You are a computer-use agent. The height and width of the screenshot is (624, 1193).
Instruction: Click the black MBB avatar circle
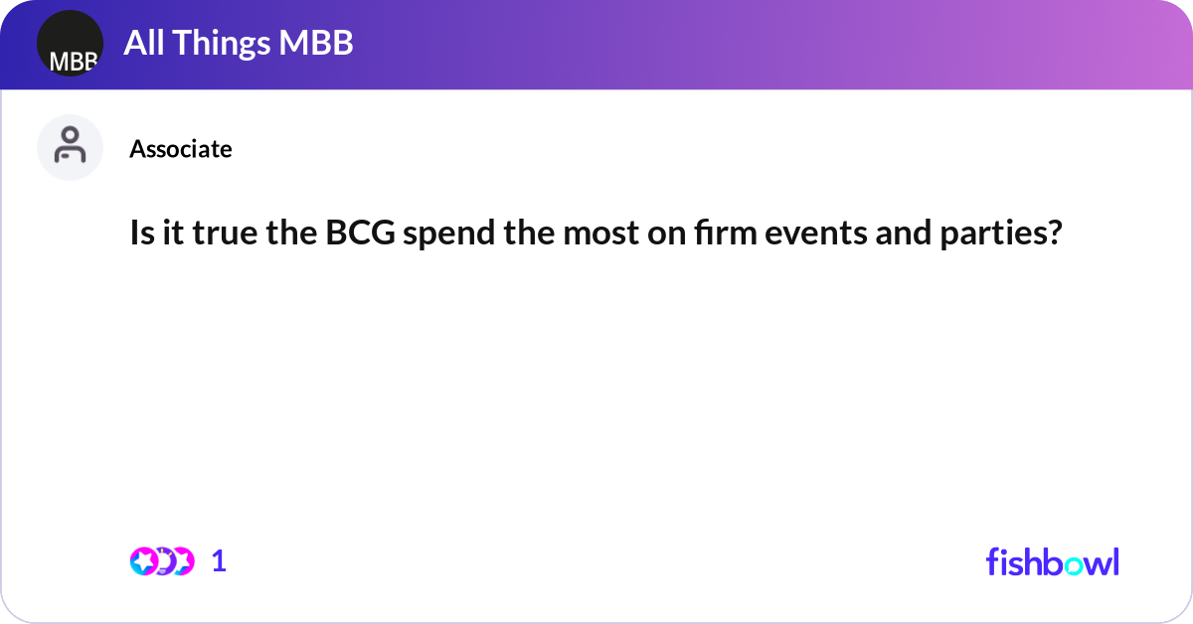(x=70, y=44)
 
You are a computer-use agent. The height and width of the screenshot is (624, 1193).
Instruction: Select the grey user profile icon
(x=70, y=147)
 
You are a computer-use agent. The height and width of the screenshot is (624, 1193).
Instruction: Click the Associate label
(x=181, y=149)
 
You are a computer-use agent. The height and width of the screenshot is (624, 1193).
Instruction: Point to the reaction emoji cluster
(x=161, y=561)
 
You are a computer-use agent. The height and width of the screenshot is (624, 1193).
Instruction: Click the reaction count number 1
(x=219, y=561)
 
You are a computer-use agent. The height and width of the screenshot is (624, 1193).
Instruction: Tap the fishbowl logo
(x=1052, y=561)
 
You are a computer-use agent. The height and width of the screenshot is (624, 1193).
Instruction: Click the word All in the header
(x=142, y=44)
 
